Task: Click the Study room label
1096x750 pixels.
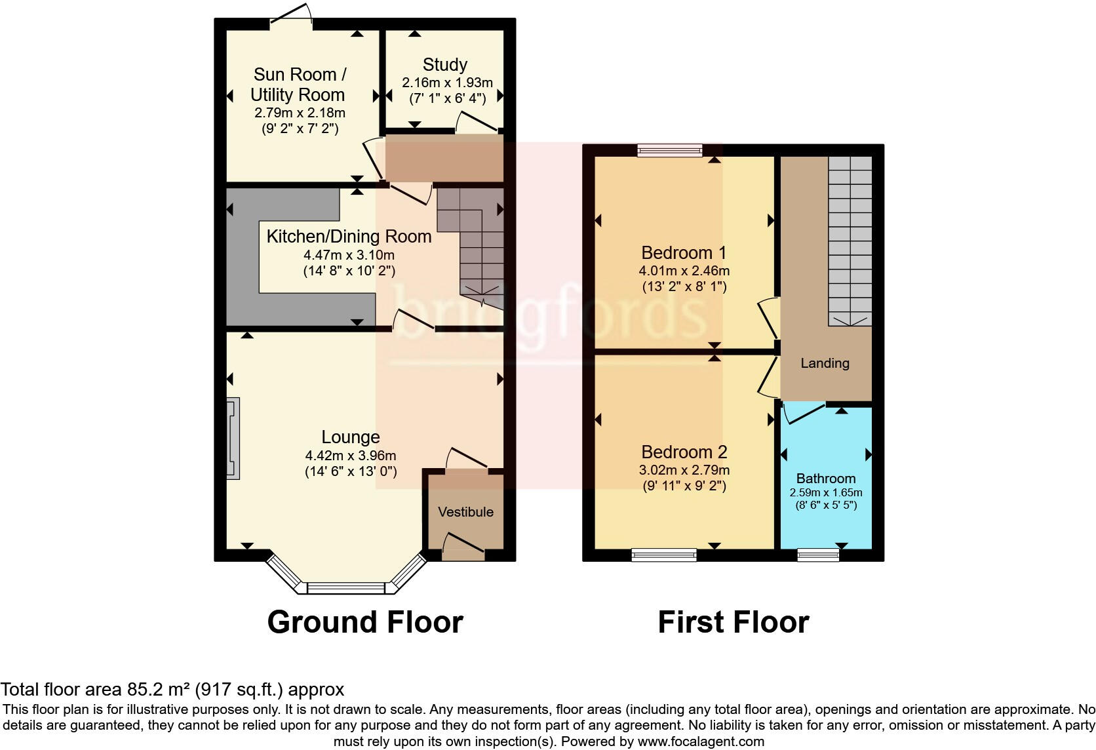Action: [x=445, y=64]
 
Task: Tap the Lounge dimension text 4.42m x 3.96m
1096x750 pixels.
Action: [x=351, y=455]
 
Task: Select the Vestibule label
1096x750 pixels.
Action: [x=465, y=511]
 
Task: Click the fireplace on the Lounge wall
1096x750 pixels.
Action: [x=233, y=439]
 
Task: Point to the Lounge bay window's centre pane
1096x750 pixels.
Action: [x=345, y=588]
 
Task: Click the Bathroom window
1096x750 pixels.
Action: [x=818, y=555]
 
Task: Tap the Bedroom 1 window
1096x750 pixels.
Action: [x=670, y=151]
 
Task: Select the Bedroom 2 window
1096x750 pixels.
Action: [x=664, y=555]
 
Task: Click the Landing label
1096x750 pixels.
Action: [x=825, y=363]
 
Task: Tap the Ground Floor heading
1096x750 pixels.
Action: [x=365, y=622]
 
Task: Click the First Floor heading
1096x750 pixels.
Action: [x=733, y=622]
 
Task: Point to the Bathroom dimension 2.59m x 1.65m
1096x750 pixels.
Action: [x=826, y=492]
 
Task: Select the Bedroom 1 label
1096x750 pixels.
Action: [x=684, y=252]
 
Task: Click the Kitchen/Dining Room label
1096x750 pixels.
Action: [x=349, y=237]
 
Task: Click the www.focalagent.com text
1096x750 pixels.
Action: [x=701, y=741]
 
